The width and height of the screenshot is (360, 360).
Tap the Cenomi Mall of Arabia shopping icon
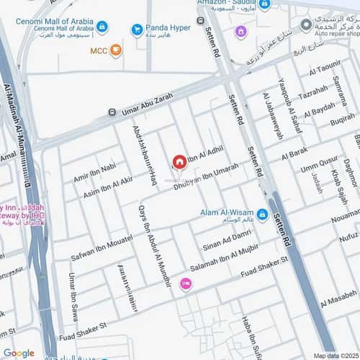(102, 27)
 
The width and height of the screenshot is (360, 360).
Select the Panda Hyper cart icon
(136, 30)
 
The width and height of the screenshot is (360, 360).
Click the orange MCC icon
(116, 50)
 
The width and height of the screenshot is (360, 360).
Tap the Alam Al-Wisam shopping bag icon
(262, 214)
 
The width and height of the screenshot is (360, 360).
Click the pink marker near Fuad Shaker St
(186, 284)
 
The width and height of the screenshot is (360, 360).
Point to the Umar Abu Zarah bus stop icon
(112, 112)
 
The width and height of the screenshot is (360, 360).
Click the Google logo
(19, 353)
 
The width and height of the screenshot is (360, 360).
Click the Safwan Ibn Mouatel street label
(101, 247)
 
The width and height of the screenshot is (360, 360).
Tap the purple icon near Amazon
(240, 32)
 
